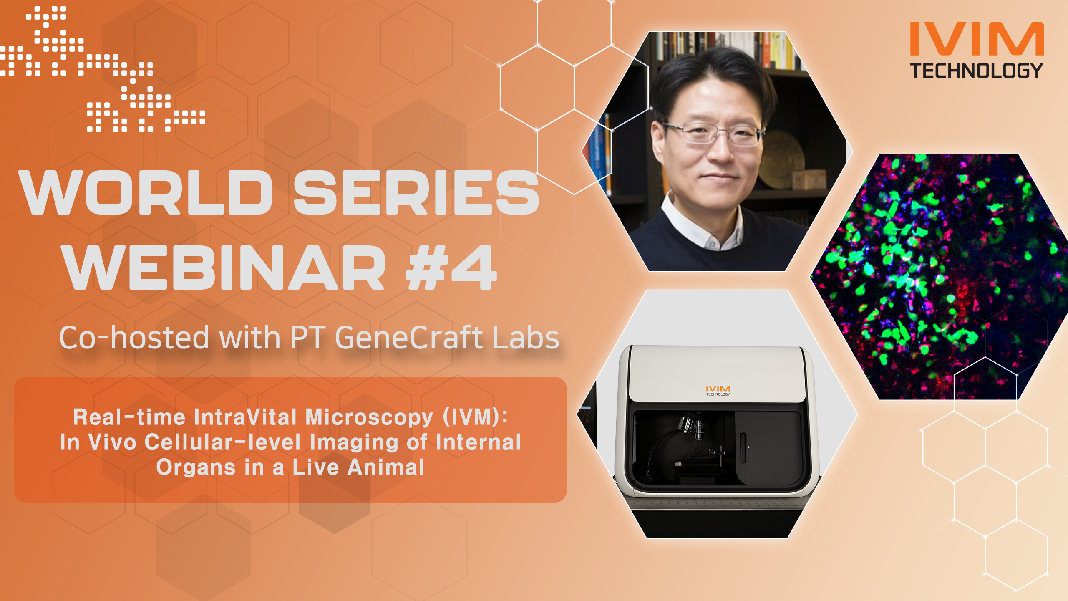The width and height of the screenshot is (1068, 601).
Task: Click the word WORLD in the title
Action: pyautogui.click(x=146, y=193)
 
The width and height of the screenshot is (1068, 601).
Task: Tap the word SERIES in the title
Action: pyautogui.click(x=416, y=193)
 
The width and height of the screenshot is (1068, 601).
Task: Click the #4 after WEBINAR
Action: pyautogui.click(x=451, y=268)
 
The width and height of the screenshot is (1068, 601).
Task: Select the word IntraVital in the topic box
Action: pyautogui.click(x=245, y=417)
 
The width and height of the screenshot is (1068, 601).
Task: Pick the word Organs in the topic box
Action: pyautogui.click(x=196, y=467)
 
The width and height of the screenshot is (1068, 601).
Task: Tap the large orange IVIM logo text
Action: pyautogui.click(x=977, y=39)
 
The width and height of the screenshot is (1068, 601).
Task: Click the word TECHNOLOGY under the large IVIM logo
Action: pyautogui.click(x=977, y=71)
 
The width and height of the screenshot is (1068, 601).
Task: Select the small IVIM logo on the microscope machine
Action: pyautogui.click(x=718, y=390)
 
